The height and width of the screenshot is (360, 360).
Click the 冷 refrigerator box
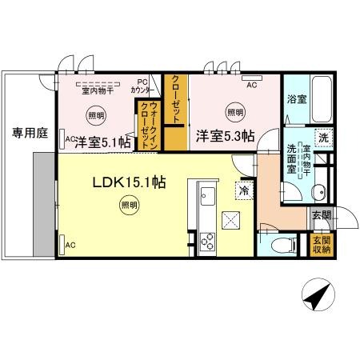click(242, 191)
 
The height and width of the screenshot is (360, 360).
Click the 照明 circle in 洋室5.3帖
click(233, 112)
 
